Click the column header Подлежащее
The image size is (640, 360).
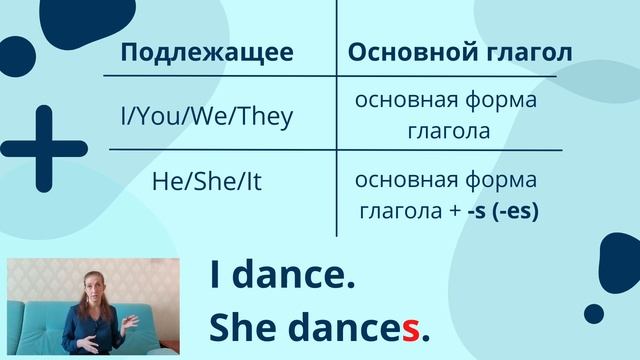click(207, 53)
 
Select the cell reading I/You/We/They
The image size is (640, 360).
click(207, 117)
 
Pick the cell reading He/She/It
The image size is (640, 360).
click(207, 183)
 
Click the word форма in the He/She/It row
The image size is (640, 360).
click(501, 181)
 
